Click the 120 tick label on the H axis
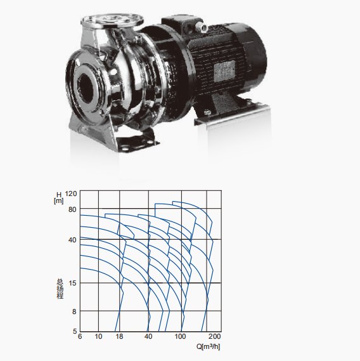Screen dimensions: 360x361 click(70, 194)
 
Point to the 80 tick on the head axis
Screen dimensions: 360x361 click(72, 209)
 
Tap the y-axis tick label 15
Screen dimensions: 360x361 click(72, 283)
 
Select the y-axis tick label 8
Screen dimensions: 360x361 click(74, 312)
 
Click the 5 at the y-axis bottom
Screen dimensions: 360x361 click(75, 331)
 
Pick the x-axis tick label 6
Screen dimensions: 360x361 click(80, 336)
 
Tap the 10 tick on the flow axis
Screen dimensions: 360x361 click(98, 336)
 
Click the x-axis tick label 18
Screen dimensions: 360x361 click(119, 336)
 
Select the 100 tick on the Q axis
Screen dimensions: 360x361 click(180, 336)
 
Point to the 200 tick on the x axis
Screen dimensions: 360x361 click(215, 336)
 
